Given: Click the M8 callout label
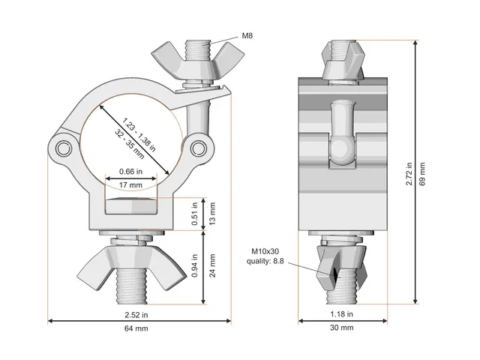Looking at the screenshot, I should tap(247, 35).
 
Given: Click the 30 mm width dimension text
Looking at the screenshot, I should tap(341, 328).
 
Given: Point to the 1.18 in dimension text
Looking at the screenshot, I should tap(341, 313).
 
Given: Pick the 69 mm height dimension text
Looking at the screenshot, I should tap(422, 174).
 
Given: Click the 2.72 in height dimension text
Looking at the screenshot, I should tap(409, 174).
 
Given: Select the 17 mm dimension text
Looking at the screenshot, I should tap(130, 184).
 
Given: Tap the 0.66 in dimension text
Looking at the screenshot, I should tap(130, 171).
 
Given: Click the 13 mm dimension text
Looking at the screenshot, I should tap(212, 214).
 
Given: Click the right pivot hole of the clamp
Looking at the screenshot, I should tap(199, 146).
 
